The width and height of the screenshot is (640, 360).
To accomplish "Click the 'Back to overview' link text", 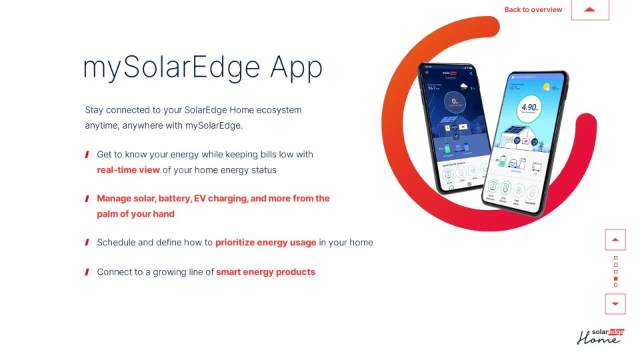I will (533, 9).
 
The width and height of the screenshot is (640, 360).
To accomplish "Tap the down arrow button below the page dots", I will (615, 304).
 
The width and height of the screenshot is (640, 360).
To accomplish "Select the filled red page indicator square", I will (615, 279).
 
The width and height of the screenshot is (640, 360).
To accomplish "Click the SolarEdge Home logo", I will (600, 336).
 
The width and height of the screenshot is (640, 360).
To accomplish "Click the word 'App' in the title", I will (296, 67).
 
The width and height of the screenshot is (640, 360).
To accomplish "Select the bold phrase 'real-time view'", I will (128, 170).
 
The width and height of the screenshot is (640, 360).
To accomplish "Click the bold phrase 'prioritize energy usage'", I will (265, 243).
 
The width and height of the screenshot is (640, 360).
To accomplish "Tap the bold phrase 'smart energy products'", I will (265, 272).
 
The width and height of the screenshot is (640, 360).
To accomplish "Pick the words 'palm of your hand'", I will (135, 214).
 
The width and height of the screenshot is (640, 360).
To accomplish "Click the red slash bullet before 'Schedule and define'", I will (87, 243).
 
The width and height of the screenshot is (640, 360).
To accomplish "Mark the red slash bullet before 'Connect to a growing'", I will (87, 272).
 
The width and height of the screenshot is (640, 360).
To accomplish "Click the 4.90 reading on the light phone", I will (530, 107).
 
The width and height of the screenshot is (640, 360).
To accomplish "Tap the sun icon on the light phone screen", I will (547, 87).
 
